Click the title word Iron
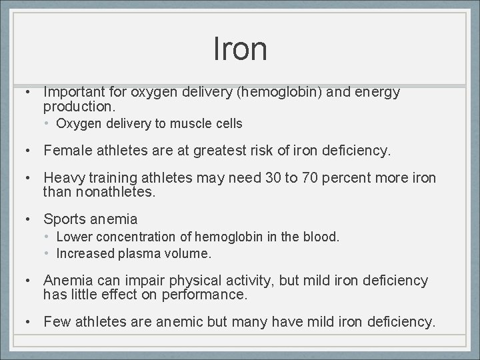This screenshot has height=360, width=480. pyautogui.click(x=240, y=49)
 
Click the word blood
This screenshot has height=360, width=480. pyautogui.click(x=323, y=237)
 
